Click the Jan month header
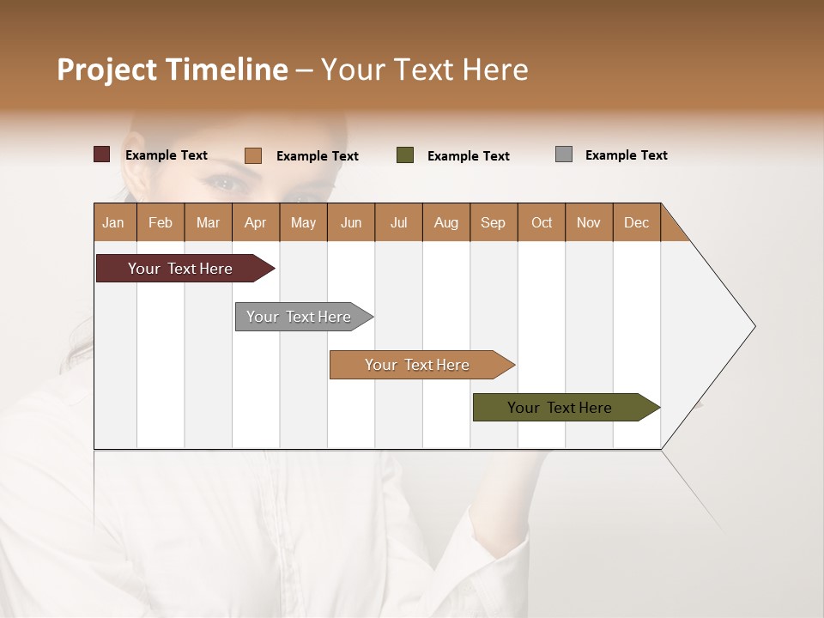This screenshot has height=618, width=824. (x=113, y=222)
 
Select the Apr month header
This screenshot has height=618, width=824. (x=256, y=222)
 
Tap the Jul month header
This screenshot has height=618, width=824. (x=398, y=222)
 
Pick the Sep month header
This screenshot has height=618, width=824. (x=493, y=222)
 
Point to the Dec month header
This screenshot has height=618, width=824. (x=636, y=222)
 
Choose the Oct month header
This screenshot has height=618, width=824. (x=541, y=222)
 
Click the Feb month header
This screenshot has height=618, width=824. (x=161, y=222)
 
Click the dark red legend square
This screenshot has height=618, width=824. (x=101, y=154)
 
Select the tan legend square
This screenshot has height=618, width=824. (x=253, y=155)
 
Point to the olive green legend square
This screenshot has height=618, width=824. (x=405, y=155)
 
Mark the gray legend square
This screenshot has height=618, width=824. (x=563, y=154)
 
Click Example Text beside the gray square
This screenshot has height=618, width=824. (x=626, y=155)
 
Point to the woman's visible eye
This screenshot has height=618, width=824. (x=225, y=182)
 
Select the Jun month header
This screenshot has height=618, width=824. (x=350, y=222)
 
